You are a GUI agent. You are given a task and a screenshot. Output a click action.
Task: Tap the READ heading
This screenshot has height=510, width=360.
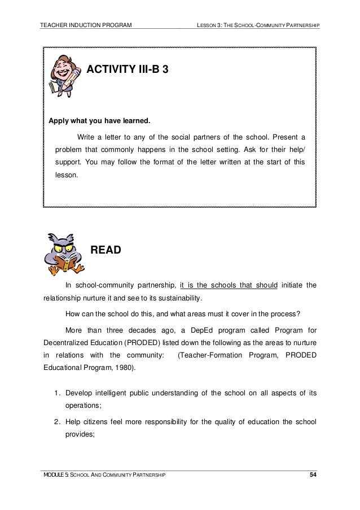(x=106, y=250)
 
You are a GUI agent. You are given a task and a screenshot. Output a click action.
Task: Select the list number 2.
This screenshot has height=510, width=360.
(x=58, y=421)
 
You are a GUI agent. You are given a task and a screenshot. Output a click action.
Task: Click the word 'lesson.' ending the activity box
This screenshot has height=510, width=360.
(x=68, y=175)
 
